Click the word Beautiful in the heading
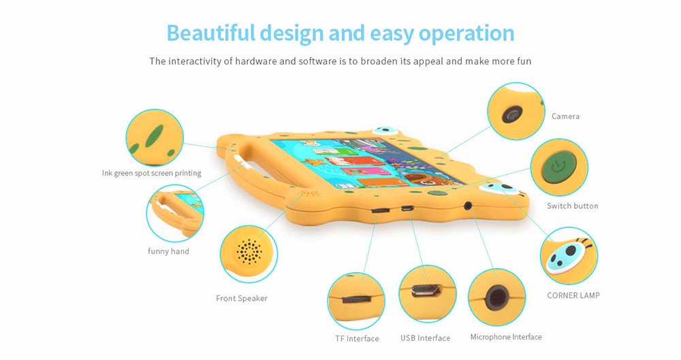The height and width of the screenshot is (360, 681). tap(210, 33)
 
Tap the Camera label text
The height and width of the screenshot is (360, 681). tap(565, 116)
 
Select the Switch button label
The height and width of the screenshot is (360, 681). tap(573, 206)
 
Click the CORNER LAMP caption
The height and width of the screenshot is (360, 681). tap(573, 295)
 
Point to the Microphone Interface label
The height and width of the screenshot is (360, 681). tap(506, 337)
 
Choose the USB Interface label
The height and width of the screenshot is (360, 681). tap(425, 338)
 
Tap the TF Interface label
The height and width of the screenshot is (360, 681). tap(357, 338)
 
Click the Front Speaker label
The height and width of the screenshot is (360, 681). tap(242, 298)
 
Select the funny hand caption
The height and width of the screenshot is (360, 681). tap(168, 251)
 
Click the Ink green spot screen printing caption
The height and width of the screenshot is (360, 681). tap(152, 173)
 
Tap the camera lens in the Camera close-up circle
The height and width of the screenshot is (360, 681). tap(513, 114)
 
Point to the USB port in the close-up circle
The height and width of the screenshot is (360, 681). tap(426, 290)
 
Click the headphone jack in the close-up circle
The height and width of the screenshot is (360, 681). tap(496, 298)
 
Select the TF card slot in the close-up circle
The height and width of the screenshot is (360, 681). tap(356, 299)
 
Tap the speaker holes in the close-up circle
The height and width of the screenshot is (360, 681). tap(249, 252)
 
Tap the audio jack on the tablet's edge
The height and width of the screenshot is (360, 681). tap(468, 206)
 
